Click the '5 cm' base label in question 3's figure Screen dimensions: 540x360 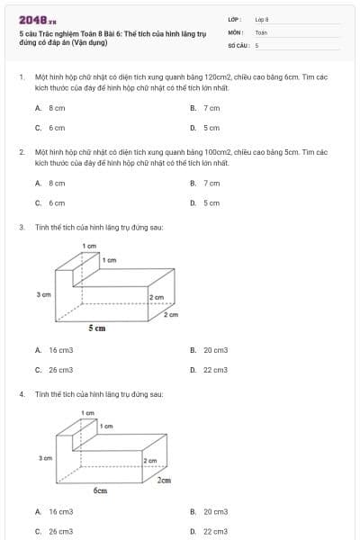click(97, 328)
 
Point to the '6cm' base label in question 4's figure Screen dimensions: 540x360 click(101, 490)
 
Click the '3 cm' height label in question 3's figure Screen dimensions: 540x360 click(43, 294)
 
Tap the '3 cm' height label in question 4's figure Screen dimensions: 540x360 click(45, 458)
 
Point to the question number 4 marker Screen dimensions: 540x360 click(21, 394)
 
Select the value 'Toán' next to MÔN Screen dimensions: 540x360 click(261, 31)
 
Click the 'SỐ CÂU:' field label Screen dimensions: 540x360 click(237, 44)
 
